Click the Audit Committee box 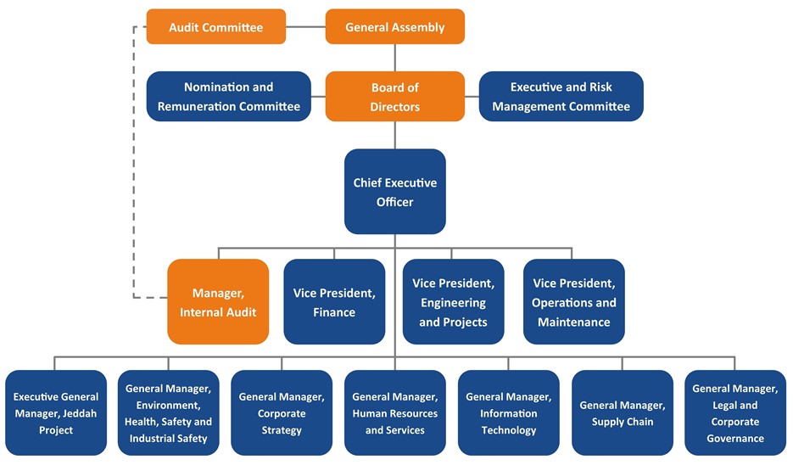click(216, 27)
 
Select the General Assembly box click(395, 27)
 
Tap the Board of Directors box click(395, 96)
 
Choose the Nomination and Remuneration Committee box click(229, 96)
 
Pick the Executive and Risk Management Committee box click(561, 96)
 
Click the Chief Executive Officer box click(395, 191)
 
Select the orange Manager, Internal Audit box click(218, 301)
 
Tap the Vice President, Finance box click(334, 301)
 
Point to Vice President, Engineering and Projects click(453, 301)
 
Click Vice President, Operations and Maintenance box click(574, 301)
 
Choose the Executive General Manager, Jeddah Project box click(56, 413)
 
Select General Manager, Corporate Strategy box click(282, 413)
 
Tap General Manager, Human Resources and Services click(395, 413)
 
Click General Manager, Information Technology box click(509, 413)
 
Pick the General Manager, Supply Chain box click(623, 413)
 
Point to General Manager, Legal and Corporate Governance click(735, 413)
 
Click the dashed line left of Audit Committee click(133, 162)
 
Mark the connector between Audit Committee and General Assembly click(305, 27)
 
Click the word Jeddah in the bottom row click(81, 413)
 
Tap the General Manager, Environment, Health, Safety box click(169, 413)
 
